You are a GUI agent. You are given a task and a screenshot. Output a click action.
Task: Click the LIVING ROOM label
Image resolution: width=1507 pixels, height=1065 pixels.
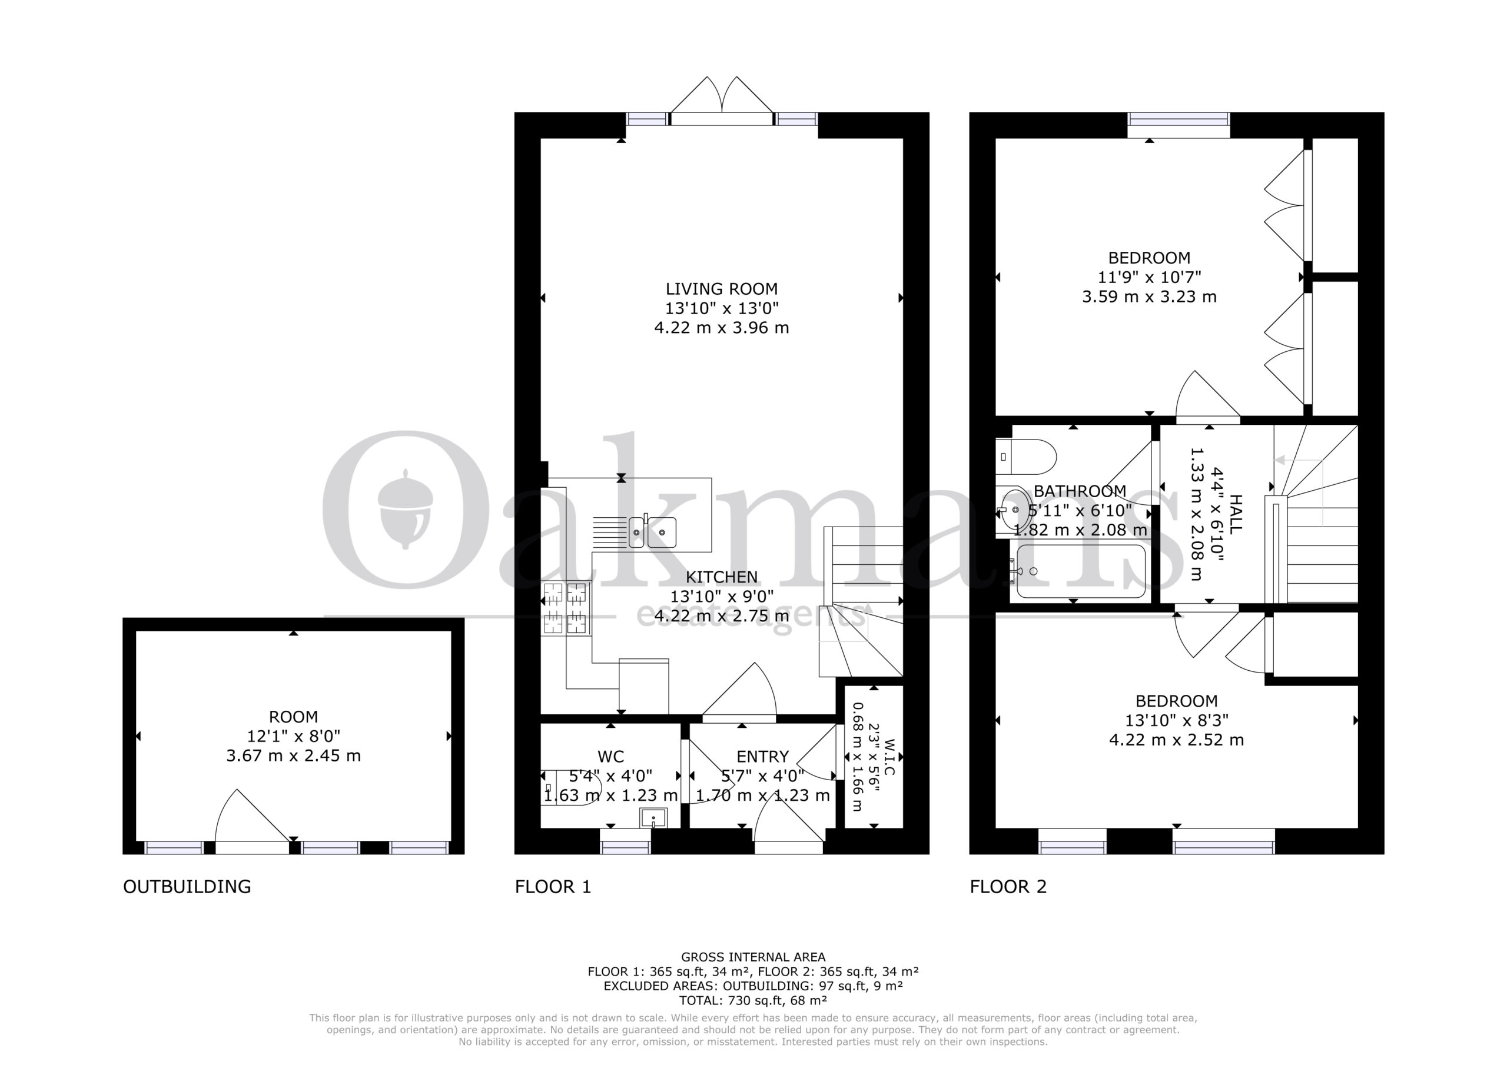click(721, 289)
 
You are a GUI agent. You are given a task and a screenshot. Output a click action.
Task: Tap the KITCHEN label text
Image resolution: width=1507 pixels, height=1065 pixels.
click(721, 577)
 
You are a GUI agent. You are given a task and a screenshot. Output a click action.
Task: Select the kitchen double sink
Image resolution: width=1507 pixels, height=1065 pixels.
click(652, 531)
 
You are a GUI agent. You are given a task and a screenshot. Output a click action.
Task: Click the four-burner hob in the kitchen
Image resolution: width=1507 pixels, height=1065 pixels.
click(565, 608)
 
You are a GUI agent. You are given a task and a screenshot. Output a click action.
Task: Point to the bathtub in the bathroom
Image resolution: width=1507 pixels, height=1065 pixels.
click(1080, 571)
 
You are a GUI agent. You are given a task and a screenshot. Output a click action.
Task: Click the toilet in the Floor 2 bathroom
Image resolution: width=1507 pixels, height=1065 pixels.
click(1025, 457)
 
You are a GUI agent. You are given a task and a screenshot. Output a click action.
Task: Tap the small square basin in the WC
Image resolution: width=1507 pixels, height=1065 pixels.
click(653, 818)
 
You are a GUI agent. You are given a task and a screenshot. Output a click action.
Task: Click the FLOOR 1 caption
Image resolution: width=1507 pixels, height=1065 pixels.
click(553, 887)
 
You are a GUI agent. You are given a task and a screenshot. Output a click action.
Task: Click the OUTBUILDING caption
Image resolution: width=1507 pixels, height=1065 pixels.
click(187, 887)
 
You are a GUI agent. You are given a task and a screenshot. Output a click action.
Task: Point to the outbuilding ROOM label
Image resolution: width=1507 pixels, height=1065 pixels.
click(293, 717)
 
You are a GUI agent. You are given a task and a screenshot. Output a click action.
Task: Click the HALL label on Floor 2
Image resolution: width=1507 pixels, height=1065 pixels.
click(1235, 514)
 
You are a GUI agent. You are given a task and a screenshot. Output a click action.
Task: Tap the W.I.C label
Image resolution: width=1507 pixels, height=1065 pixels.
click(889, 758)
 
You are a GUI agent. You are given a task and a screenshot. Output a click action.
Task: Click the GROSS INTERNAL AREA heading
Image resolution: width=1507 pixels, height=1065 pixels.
click(753, 957)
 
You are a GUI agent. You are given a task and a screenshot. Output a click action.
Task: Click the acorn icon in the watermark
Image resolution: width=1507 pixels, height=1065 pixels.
click(406, 509)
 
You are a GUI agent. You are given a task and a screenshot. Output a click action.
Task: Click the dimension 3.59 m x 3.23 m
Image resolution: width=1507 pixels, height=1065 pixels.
click(1149, 297)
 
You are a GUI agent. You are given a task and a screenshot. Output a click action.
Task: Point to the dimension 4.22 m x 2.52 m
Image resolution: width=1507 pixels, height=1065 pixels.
click(1176, 740)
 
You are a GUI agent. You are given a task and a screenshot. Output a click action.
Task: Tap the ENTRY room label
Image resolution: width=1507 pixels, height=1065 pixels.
click(762, 757)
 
